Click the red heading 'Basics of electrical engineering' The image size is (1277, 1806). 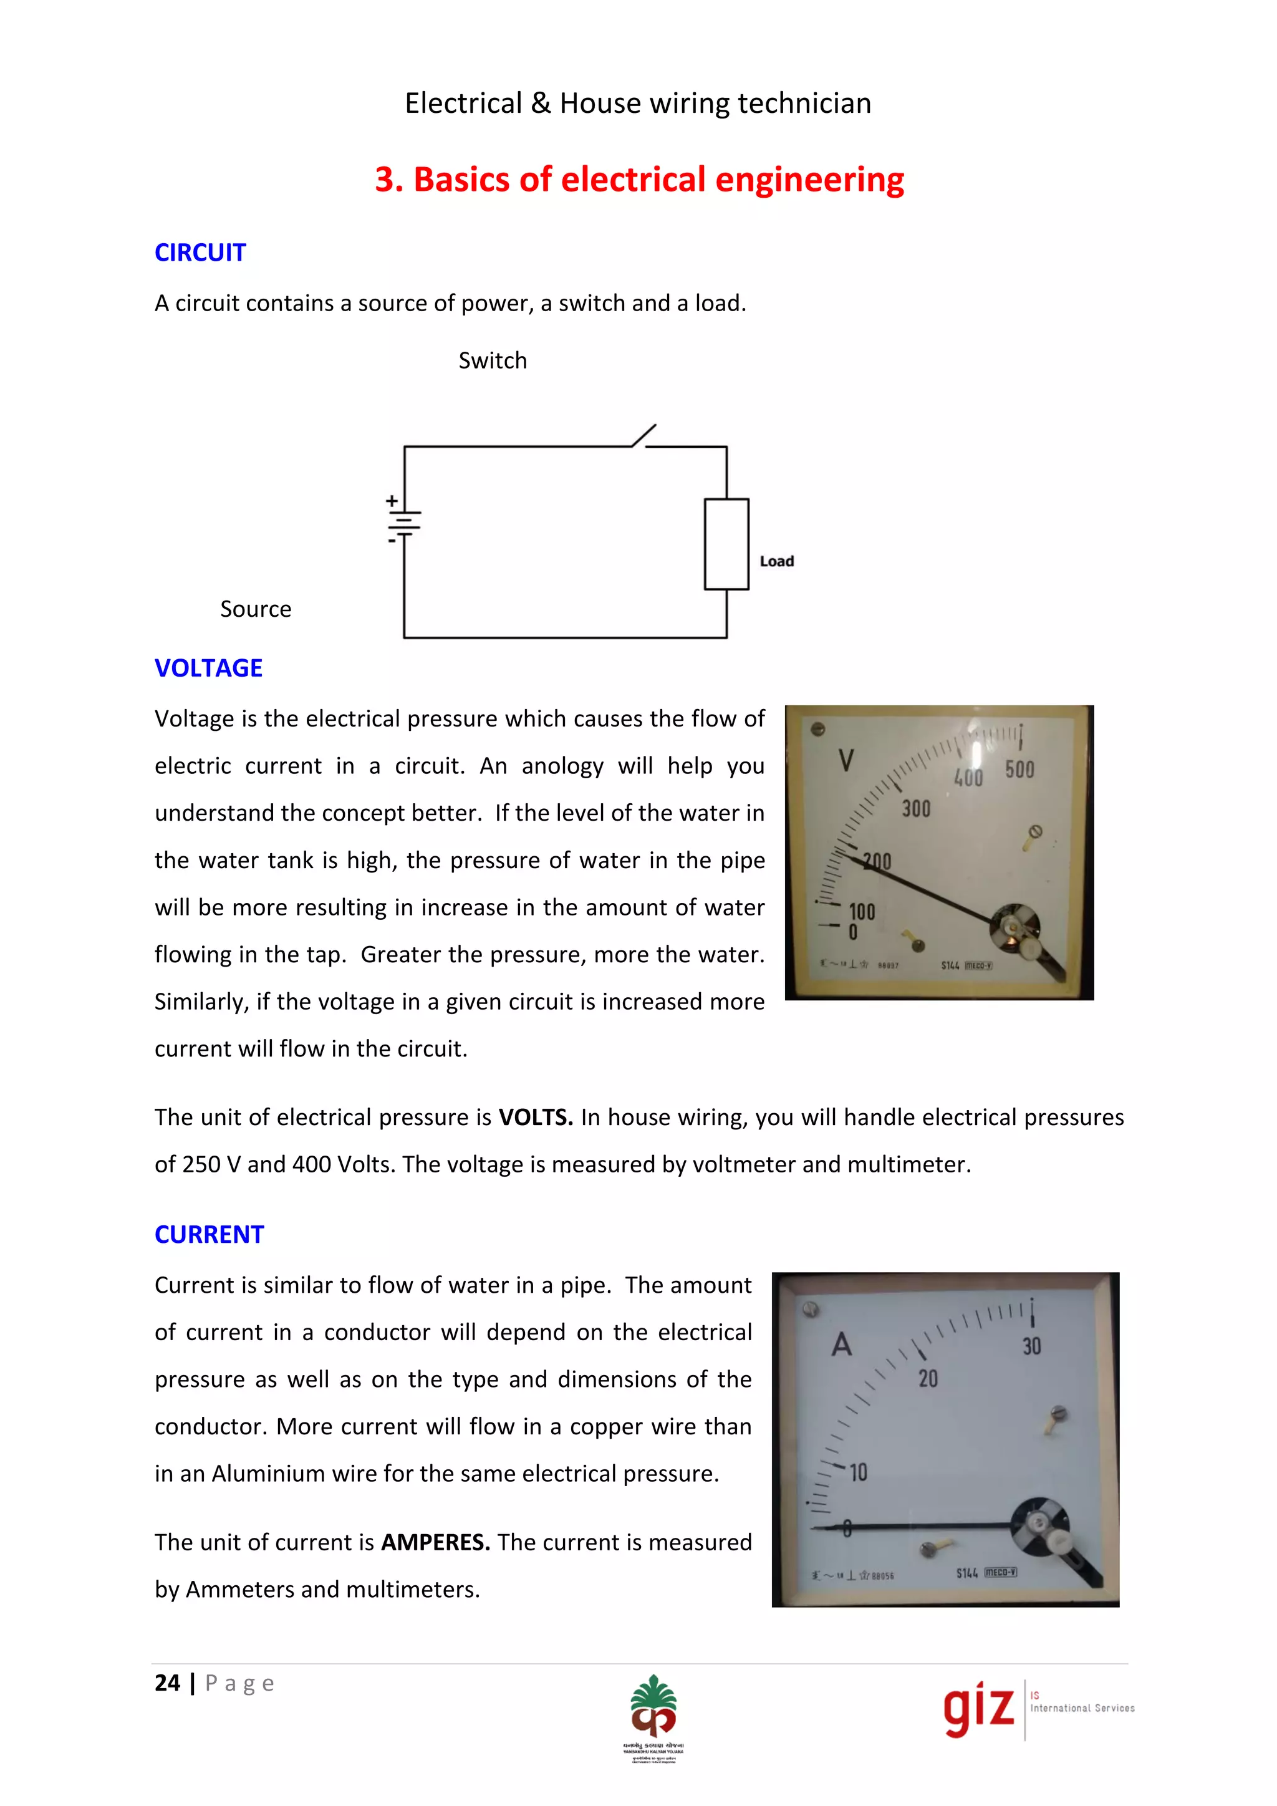638,180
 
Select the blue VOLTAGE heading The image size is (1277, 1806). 208,668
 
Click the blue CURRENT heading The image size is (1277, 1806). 209,1234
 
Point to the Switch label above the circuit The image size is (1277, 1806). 492,361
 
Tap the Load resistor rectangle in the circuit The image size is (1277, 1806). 726,544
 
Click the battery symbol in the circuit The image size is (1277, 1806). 403,520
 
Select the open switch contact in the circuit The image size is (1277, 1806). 644,436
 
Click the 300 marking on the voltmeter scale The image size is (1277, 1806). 915,809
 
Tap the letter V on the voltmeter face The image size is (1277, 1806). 846,761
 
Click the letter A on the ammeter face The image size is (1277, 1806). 841,1345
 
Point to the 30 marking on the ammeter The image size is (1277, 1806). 1032,1346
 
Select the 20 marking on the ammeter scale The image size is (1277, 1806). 928,1378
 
